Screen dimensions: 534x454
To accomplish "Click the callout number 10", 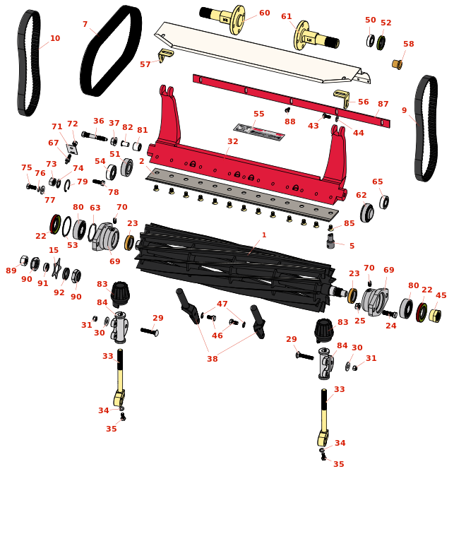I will [55, 38].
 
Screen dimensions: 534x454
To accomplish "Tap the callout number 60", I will [264, 13].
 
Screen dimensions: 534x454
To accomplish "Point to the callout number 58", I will [408, 44].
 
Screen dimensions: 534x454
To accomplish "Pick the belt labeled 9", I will [425, 127].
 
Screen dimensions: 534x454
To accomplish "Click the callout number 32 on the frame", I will [232, 142].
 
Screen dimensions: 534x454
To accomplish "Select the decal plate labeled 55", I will [258, 132].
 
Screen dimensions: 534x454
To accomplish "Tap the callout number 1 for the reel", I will [264, 235].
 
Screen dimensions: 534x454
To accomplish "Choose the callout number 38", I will [212, 359].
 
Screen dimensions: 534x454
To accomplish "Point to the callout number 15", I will [54, 250].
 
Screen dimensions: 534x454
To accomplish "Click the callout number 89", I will [11, 271].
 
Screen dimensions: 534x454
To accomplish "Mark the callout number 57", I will [145, 64].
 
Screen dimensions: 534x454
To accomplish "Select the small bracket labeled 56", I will [342, 98].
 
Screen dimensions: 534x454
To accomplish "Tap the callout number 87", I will [383, 104].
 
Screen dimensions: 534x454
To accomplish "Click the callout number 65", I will [378, 182].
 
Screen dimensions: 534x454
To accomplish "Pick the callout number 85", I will [349, 224].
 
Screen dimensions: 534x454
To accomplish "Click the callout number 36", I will [98, 121].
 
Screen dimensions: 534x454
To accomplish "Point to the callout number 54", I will [100, 161].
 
